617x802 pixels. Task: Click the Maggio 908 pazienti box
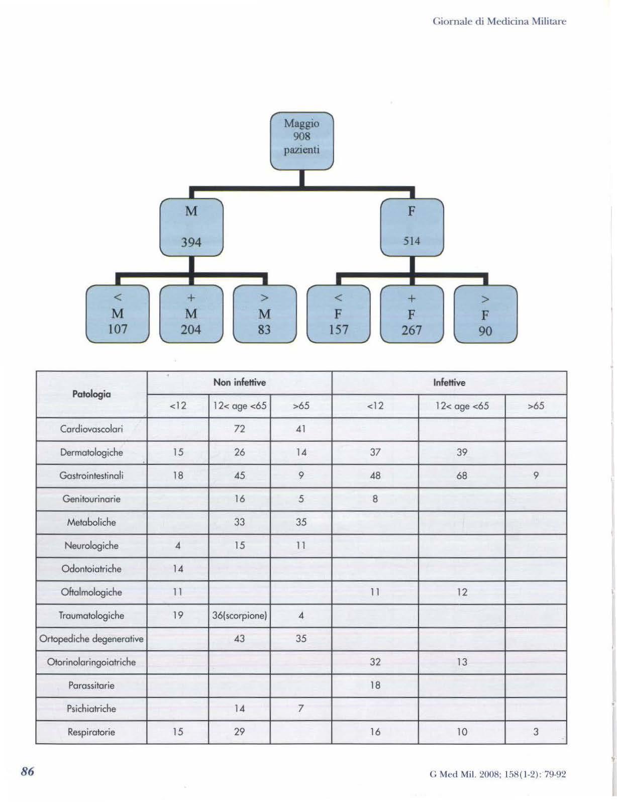pos(301,141)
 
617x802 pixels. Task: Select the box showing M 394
pos(191,227)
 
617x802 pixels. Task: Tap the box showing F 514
pos(412,227)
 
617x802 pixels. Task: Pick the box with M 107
pos(118,314)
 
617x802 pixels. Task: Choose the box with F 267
pos(412,314)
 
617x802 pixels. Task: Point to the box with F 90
pos(485,315)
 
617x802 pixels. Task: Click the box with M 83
pos(264,314)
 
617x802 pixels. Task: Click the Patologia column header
pos(91,394)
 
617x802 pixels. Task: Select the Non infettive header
pos(239,382)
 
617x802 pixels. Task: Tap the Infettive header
pos(449,382)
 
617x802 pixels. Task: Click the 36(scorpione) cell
pos(239,616)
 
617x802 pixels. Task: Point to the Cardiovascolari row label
pos(91,429)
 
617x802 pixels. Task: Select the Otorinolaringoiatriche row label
pos(91,662)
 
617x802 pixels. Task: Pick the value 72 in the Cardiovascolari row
pos(239,429)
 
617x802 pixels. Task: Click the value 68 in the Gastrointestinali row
pos(461,476)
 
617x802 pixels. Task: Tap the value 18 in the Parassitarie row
pos(375,685)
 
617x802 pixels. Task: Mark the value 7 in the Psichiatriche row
pos(300,709)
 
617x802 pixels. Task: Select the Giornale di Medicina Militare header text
pos(499,22)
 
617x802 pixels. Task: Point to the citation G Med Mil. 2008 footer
pos(497,788)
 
